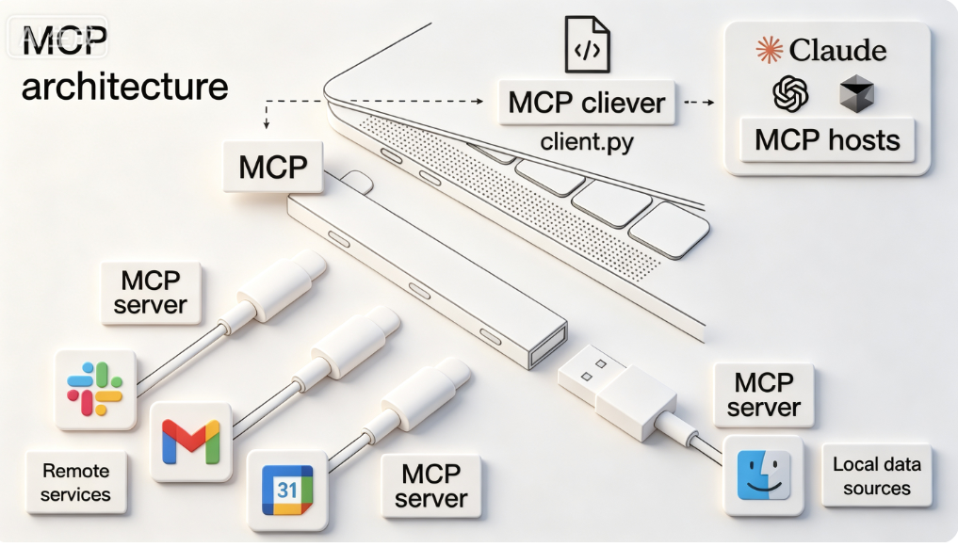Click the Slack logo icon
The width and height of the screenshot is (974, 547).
(94, 389)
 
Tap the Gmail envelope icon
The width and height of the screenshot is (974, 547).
(190, 442)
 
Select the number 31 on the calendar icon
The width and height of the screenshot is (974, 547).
(287, 490)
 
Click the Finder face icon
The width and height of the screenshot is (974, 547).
(763, 475)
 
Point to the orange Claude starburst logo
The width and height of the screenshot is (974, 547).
(769, 50)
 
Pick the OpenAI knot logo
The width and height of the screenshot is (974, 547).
(790, 94)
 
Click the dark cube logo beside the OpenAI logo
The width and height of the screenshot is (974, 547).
(856, 94)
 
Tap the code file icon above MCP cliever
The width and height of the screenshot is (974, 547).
(587, 44)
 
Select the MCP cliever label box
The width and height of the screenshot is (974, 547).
(587, 103)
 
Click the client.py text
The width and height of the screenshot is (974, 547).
(587, 141)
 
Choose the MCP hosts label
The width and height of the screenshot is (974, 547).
(827, 139)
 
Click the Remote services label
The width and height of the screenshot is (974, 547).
(75, 482)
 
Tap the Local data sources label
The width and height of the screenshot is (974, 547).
(876, 475)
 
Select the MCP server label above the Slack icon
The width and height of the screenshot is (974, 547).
(151, 293)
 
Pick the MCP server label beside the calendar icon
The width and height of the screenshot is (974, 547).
(430, 486)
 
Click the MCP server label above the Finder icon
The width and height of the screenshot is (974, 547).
(763, 394)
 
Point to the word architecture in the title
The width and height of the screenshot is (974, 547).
(125, 86)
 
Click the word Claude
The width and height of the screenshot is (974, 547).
(837, 50)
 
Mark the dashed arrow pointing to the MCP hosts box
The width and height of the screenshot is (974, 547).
(699, 103)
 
